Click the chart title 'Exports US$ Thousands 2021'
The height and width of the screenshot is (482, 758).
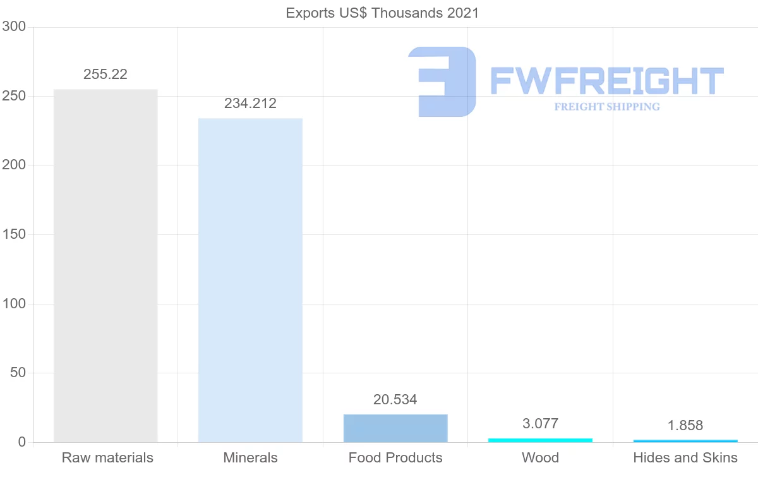382,13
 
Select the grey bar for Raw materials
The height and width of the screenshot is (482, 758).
105,266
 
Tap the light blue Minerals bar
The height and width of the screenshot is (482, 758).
250,280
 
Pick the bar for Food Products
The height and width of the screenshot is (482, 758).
395,428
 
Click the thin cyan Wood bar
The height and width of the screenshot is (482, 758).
541,440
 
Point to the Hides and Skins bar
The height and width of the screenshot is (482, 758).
685,441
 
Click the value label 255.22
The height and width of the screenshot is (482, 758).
105,75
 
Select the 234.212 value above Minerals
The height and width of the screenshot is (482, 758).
250,104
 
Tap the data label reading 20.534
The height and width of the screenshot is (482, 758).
395,400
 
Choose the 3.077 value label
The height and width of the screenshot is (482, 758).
541,423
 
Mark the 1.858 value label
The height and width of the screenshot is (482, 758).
685,426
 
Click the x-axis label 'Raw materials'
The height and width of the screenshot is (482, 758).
107,457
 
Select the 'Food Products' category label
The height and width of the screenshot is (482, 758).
395,457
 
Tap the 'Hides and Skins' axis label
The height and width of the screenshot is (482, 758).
685,457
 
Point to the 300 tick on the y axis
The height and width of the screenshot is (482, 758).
14,27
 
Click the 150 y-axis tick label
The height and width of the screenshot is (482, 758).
14,234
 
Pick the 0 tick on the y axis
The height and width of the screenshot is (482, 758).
22,442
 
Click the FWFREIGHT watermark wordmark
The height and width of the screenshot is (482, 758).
607,81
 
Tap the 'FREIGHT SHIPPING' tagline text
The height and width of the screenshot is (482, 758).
607,107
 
